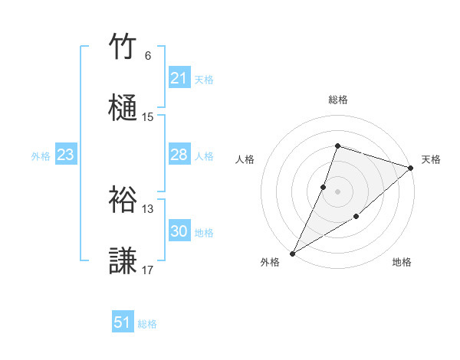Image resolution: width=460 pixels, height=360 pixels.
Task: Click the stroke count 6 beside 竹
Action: coord(148,56)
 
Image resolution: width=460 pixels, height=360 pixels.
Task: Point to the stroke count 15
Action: coord(148,117)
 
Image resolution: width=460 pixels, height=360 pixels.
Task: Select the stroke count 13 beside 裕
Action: coord(148,208)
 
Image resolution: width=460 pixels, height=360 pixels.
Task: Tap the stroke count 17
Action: coord(148,270)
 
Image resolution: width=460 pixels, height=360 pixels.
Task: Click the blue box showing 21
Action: coord(179,78)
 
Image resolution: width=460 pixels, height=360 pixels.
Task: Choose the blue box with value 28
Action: coord(179,155)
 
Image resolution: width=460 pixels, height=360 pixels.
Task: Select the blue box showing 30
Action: coord(179,231)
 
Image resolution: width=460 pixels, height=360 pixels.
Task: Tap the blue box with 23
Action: coord(66,155)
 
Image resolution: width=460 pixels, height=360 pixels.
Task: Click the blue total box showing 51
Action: coord(123,322)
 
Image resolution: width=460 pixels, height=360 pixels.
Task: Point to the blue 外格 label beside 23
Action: coord(41,155)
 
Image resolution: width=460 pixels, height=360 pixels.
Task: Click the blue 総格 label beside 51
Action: coord(147,324)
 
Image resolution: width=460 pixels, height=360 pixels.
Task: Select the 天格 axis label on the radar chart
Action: coord(431,159)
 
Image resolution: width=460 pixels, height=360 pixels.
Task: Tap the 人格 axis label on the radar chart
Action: coord(245,159)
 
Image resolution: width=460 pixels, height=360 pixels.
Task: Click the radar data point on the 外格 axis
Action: coord(292,253)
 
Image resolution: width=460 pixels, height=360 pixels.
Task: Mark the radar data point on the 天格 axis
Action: coord(411,168)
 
